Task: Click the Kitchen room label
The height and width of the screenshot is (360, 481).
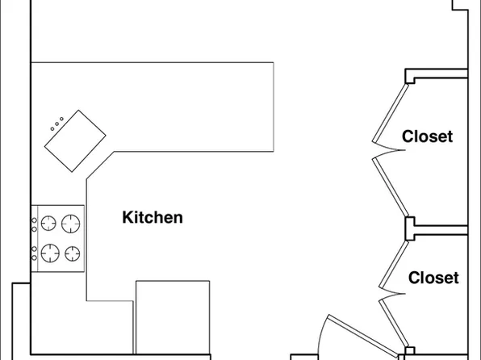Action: [153, 217]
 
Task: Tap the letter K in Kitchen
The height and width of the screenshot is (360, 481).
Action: [128, 217]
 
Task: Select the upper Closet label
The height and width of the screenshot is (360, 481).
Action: [427, 136]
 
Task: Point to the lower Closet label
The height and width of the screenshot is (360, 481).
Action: [433, 278]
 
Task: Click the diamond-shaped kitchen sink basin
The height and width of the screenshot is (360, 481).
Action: [75, 141]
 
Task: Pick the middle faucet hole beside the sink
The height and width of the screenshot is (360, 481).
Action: [56, 124]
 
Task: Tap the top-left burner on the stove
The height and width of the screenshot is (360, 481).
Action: [48, 223]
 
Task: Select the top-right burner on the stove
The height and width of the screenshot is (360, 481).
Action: [70, 224]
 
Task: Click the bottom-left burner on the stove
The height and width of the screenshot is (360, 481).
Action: [50, 253]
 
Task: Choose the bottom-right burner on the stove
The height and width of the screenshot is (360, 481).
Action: [73, 253]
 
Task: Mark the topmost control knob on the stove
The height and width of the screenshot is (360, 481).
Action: [35, 220]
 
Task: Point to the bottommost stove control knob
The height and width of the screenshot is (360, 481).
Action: [35, 257]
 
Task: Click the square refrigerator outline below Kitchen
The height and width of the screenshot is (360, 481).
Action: [173, 317]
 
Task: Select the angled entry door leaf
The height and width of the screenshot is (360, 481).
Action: [363, 336]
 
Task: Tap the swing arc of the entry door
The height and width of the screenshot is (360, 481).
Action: [321, 334]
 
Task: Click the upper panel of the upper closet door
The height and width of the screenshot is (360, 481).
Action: [391, 113]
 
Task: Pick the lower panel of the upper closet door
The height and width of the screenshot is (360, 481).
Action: [391, 186]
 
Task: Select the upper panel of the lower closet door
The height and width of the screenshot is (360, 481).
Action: [394, 265]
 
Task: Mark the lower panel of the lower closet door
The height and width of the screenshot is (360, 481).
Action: [394, 323]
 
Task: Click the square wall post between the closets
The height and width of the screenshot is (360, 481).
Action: [410, 228]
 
